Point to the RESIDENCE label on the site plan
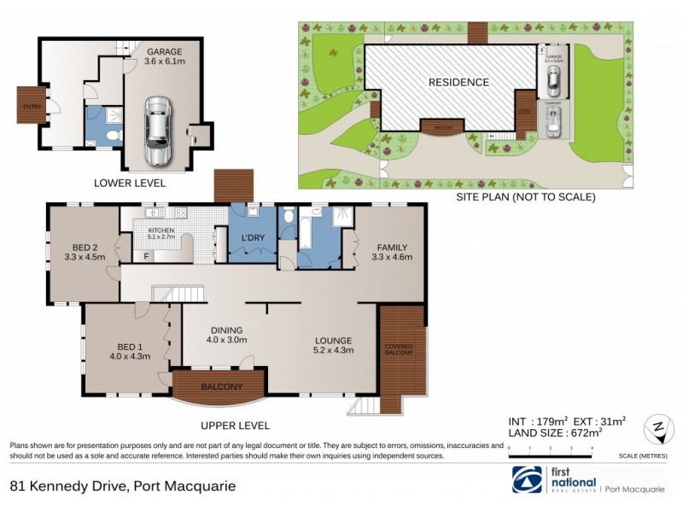(x=458, y=83)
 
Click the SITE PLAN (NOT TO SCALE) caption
(x=527, y=196)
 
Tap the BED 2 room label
(x=84, y=249)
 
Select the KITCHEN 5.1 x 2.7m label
(x=161, y=233)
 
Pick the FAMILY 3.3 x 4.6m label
(x=388, y=253)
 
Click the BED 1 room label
(x=130, y=351)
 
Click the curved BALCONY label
(x=221, y=387)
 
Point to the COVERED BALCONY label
(x=399, y=349)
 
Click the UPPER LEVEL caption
(x=235, y=425)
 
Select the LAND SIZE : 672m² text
(x=556, y=433)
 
